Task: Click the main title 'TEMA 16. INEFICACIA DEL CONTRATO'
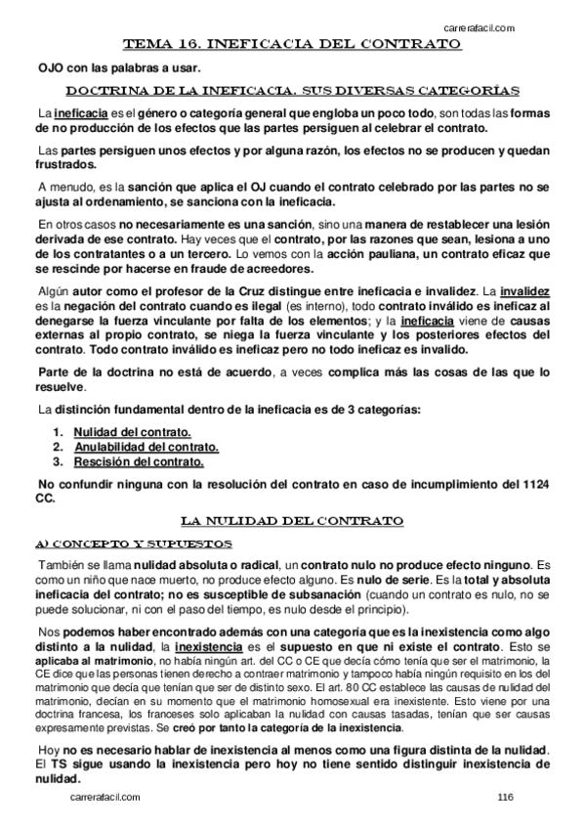[x=292, y=44]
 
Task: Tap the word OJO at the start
[x=51, y=66]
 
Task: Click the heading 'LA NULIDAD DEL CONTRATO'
[x=292, y=519]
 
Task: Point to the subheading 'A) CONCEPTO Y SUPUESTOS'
[x=133, y=543]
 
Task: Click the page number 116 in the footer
[x=505, y=798]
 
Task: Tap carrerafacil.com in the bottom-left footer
[x=105, y=798]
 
